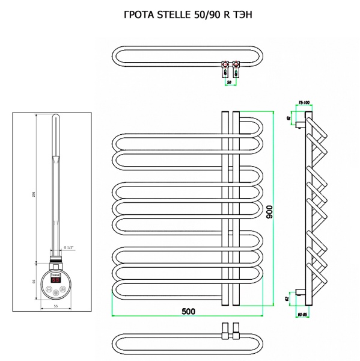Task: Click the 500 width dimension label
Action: coord(188,311)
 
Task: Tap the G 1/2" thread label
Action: coord(70,248)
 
